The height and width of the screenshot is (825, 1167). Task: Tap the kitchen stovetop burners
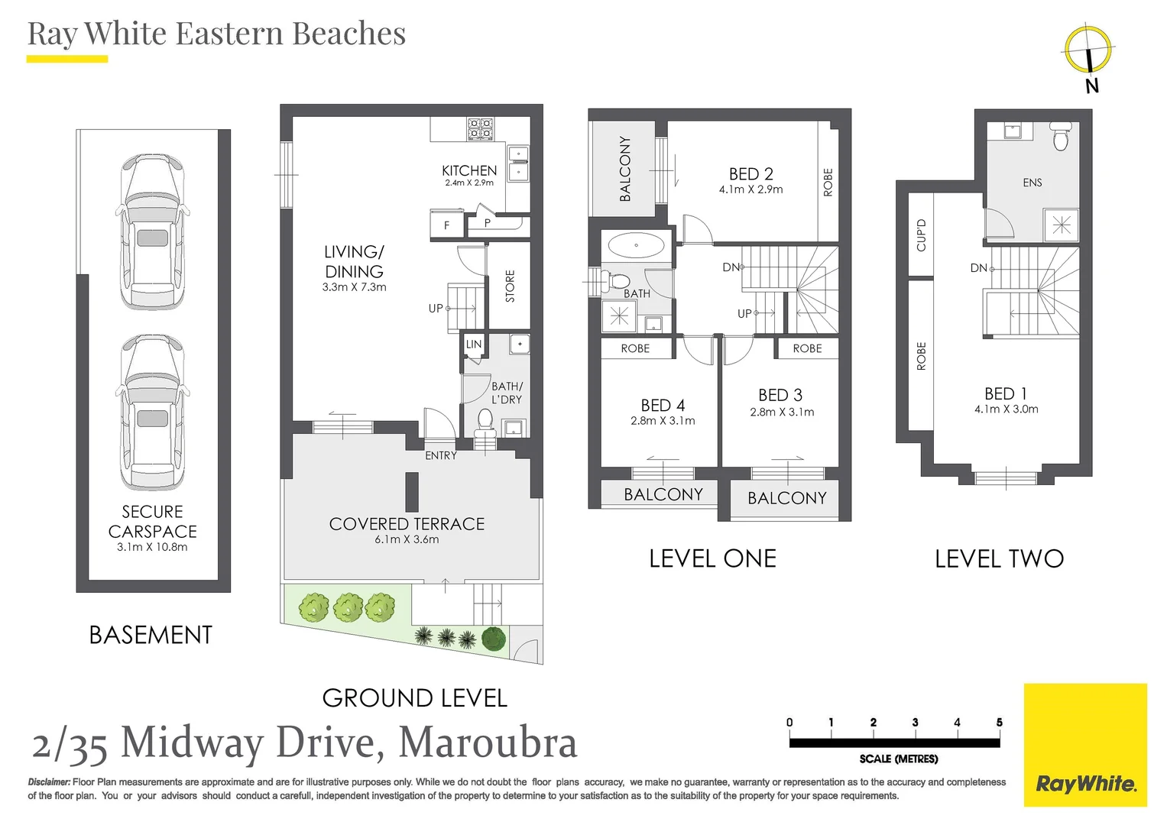[481, 128]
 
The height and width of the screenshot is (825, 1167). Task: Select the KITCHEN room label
[469, 170]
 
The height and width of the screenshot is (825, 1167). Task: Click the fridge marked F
[446, 225]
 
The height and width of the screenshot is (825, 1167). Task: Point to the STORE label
[510, 286]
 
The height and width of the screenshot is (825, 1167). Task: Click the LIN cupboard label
[474, 344]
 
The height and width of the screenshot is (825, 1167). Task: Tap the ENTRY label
[441, 456]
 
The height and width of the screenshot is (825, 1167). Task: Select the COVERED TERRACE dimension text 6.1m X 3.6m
[407, 539]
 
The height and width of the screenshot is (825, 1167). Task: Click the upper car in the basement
[153, 231]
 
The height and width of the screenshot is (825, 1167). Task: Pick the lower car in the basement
[153, 412]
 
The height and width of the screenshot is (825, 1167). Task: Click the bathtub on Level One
[636, 245]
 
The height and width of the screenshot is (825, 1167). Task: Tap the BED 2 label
[750, 173]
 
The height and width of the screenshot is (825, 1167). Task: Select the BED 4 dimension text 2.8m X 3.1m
[663, 421]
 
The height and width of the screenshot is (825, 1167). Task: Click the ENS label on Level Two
[1032, 183]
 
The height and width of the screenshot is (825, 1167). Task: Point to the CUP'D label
[921, 235]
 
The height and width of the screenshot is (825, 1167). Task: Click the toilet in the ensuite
[1060, 134]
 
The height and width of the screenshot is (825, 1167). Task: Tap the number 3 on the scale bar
[916, 723]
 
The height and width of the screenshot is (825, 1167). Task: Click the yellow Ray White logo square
[1086, 746]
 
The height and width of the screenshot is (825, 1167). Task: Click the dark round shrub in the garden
[494, 639]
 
